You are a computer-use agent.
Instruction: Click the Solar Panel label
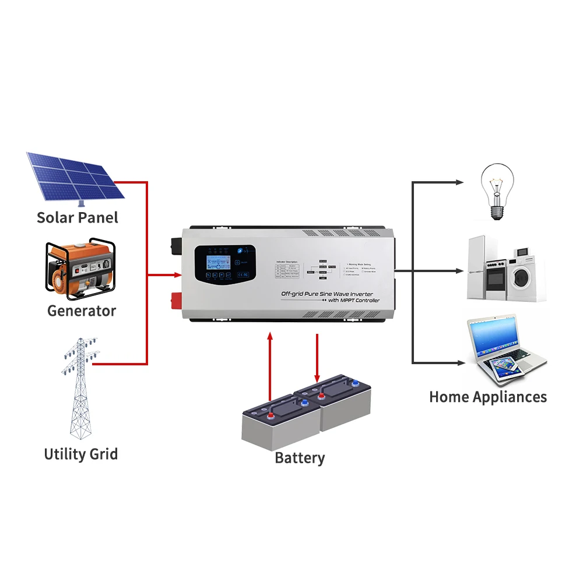77,218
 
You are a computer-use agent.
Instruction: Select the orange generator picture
80,269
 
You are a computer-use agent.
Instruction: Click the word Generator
82,311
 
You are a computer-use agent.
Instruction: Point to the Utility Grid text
80,454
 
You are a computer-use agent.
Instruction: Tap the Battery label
300,458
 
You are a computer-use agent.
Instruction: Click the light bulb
496,189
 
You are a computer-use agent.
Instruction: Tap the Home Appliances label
488,397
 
